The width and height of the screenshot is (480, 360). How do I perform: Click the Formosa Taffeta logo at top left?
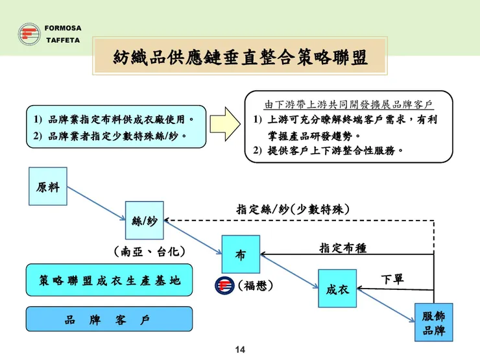[x=29, y=34]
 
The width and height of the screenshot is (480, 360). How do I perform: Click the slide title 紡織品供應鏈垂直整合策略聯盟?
[x=240, y=58]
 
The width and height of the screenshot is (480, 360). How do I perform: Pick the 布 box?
[x=240, y=254]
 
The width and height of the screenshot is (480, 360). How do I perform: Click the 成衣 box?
[x=337, y=289]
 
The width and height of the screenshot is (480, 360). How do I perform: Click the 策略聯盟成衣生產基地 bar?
[x=109, y=280]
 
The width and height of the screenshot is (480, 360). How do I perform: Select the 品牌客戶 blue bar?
[x=109, y=319]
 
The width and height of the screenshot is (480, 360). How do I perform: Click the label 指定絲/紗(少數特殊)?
[x=293, y=210]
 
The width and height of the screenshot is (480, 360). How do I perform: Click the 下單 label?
[x=392, y=279]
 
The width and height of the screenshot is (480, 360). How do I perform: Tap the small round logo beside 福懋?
[x=224, y=285]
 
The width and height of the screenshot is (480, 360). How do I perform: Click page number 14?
[x=239, y=350]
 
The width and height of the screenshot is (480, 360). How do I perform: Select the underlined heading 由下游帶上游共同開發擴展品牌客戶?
[x=348, y=104]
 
